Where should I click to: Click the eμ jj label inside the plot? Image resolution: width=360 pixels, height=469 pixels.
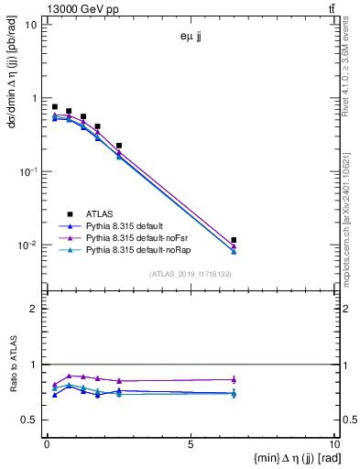click(x=192, y=38)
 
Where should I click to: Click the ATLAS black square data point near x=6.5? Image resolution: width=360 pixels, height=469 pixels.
click(x=235, y=240)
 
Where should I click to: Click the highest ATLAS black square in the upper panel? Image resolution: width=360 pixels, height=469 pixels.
click(x=55, y=107)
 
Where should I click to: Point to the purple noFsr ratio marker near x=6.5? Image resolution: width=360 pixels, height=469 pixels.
click(x=235, y=379)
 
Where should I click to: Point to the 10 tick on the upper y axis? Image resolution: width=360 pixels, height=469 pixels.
click(x=32, y=25)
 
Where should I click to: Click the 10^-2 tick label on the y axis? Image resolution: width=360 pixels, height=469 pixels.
click(x=27, y=245)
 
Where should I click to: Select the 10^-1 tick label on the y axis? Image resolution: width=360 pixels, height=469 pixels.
click(x=27, y=172)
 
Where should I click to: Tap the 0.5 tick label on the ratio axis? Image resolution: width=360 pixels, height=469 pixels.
click(x=30, y=420)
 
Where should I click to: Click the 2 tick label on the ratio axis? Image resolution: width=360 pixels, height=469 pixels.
click(x=34, y=309)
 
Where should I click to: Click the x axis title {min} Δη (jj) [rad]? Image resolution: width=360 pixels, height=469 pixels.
click(x=286, y=459)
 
